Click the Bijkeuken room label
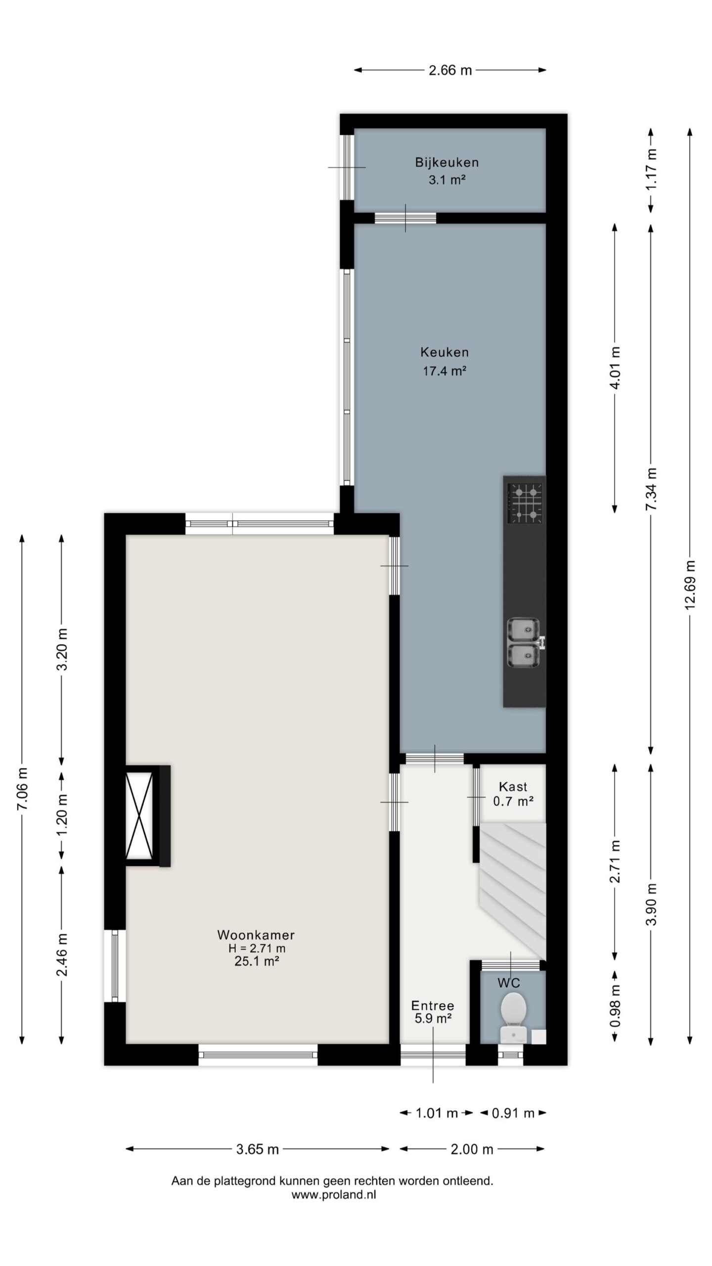tap(446, 162)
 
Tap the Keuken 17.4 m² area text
tap(445, 370)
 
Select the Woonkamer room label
tap(256, 935)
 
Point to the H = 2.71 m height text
tap(257, 948)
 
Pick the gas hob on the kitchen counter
tap(525, 503)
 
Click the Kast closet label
tap(513, 786)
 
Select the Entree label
tap(433, 1001)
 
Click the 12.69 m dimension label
tap(690, 585)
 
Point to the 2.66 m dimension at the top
tap(450, 70)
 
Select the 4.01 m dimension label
tap(615, 367)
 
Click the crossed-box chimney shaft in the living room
tap(139, 815)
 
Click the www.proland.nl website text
tap(334, 1194)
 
